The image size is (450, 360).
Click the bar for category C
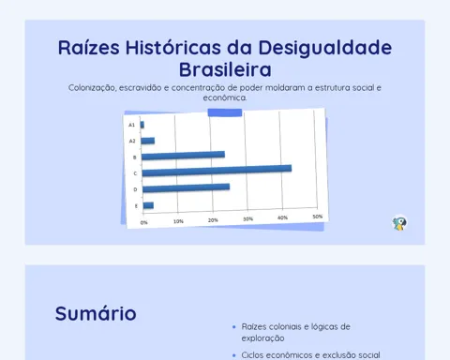pyautogui.click(x=217, y=171)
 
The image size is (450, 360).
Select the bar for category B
pyautogui.click(x=183, y=156)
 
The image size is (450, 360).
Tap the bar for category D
pyautogui.click(x=187, y=187)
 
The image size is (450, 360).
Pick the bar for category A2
pyautogui.click(x=148, y=141)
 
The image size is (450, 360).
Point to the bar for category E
pyautogui.click(x=148, y=205)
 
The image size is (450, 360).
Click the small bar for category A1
pyautogui.click(x=142, y=125)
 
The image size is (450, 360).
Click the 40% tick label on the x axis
pyautogui.click(x=282, y=217)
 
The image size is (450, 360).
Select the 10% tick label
pyautogui.click(x=178, y=221)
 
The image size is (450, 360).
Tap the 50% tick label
pyautogui.click(x=318, y=217)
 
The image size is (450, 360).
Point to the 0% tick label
pyautogui.click(x=143, y=222)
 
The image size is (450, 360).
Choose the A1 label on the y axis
pyautogui.click(x=131, y=125)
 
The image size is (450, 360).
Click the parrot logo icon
pyautogui.click(x=399, y=223)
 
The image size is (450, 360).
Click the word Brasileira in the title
pyautogui.click(x=225, y=69)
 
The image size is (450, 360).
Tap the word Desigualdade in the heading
pyautogui.click(x=325, y=48)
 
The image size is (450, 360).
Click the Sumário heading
pyautogui.click(x=96, y=313)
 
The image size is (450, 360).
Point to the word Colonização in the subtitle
pyautogui.click(x=92, y=88)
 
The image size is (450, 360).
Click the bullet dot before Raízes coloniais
pyautogui.click(x=234, y=327)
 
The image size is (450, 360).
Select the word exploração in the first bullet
pyautogui.click(x=262, y=338)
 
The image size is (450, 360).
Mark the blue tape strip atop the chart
pyautogui.click(x=225, y=112)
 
